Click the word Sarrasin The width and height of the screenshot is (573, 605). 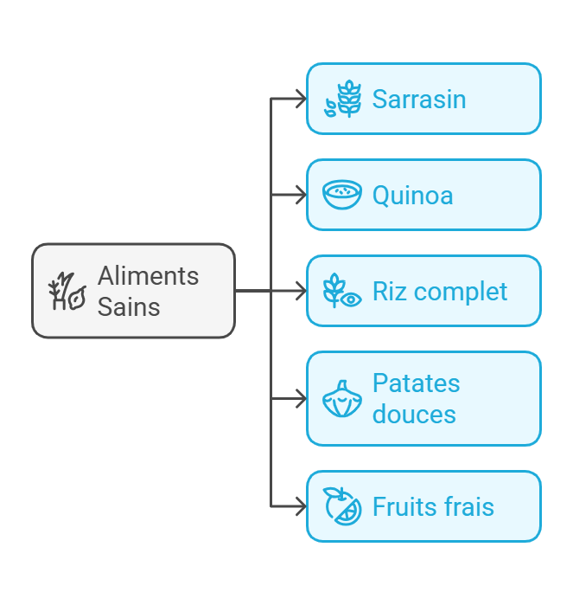click(419, 99)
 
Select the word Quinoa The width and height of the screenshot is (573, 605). click(412, 196)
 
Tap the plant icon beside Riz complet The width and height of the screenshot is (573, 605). click(341, 291)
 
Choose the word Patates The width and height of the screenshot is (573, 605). click(416, 383)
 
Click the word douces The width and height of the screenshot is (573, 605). click(414, 414)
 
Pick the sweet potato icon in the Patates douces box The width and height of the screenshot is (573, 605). click(341, 399)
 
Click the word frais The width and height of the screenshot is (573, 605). click(468, 506)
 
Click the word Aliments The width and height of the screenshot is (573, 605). click(148, 276)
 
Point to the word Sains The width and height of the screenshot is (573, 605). click(129, 306)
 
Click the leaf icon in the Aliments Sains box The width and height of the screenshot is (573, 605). click(67, 292)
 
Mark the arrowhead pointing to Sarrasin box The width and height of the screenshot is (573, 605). click(301, 99)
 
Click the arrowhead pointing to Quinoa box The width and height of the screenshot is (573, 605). click(301, 195)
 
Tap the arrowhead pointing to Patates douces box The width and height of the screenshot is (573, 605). click(301, 399)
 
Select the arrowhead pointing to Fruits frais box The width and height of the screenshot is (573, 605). click(301, 506)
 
